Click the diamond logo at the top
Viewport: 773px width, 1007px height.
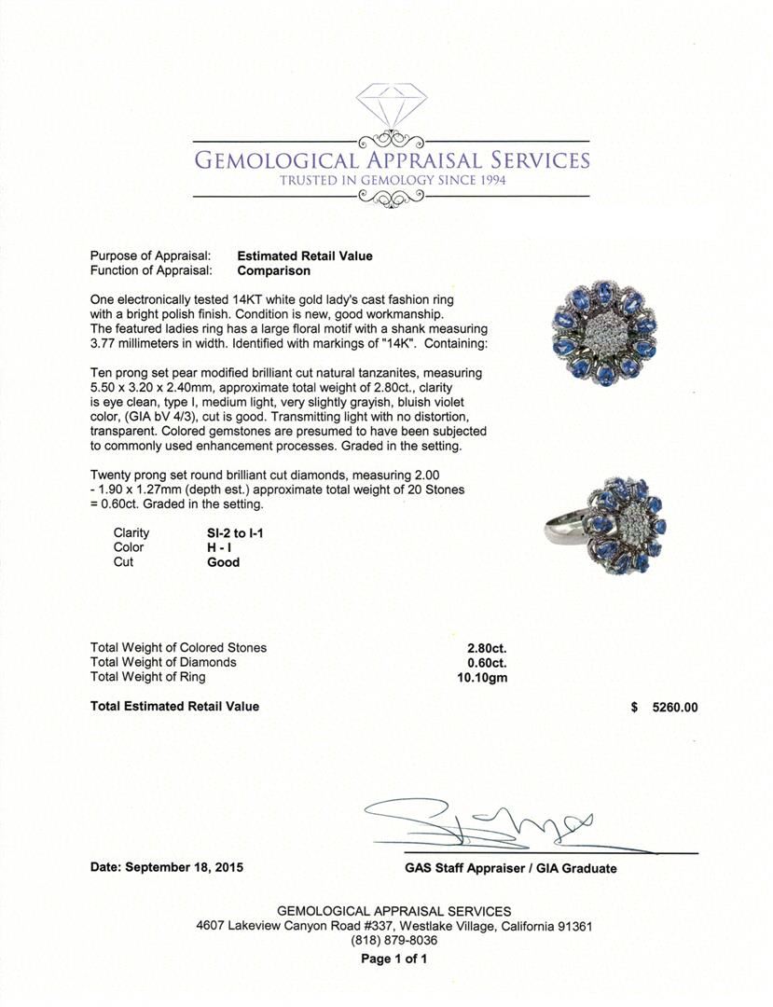(392, 106)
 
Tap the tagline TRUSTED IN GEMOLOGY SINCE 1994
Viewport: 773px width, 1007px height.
(393, 180)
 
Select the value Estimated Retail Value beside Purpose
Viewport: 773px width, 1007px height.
(305, 256)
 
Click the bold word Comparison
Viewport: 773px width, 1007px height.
(274, 271)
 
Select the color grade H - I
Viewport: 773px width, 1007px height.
(220, 547)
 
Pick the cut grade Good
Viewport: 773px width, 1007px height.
(223, 562)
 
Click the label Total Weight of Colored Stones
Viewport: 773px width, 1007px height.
(178, 647)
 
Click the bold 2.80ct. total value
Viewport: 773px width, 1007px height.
(487, 647)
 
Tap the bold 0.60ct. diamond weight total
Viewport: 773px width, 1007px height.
(487, 662)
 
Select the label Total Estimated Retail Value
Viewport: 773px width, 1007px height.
(174, 707)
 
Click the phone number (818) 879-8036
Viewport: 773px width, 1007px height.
(393, 941)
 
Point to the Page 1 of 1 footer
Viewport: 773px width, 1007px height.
(393, 959)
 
